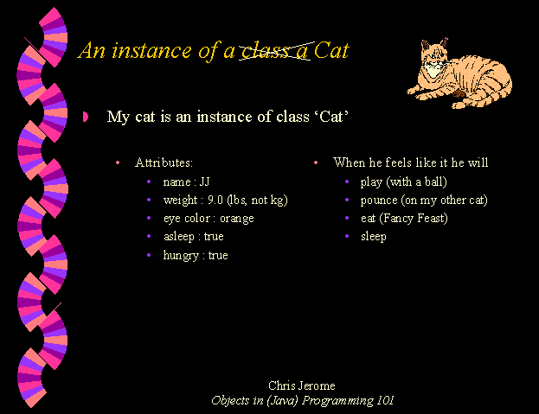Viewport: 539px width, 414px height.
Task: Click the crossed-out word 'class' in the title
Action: click(265, 52)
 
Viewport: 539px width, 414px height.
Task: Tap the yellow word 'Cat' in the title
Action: click(331, 51)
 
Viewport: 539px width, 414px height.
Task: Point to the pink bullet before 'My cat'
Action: click(86, 117)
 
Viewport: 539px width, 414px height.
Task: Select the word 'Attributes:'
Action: click(164, 162)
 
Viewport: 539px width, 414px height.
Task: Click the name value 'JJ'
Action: click(204, 182)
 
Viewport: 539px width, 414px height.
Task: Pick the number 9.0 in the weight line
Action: click(215, 200)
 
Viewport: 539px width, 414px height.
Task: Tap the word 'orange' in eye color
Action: click(237, 219)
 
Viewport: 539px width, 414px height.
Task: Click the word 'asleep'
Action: click(179, 237)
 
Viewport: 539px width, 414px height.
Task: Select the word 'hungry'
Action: click(181, 256)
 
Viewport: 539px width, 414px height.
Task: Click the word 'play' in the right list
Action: click(371, 182)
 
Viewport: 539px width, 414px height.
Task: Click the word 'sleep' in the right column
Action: click(374, 237)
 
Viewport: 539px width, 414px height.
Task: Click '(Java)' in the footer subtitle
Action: click(282, 401)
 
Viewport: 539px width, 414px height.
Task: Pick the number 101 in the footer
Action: click(385, 400)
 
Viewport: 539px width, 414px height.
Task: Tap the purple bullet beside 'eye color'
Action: click(149, 218)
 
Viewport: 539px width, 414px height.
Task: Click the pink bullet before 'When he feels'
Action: click(316, 162)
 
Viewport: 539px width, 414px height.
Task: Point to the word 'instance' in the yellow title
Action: click(151, 51)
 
